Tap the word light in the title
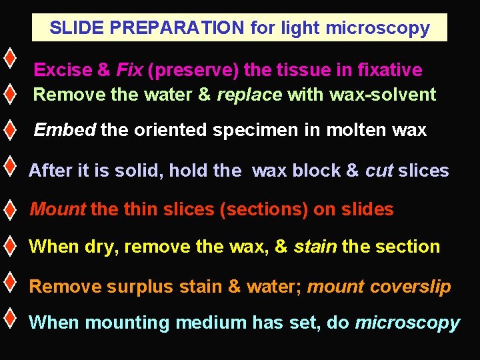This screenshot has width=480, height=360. pos(300,28)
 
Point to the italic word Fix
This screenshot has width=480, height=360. pos(129,70)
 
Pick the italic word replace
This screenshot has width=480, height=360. pos(249,95)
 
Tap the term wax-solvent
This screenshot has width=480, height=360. pos(382,95)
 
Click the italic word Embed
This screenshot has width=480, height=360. pos(65,130)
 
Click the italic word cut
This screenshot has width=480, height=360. pos(379,171)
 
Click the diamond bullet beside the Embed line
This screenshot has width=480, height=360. pos(9,129)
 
